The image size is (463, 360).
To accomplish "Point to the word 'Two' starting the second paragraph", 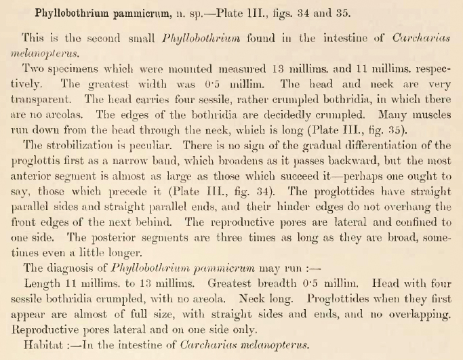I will (x=33, y=70).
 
